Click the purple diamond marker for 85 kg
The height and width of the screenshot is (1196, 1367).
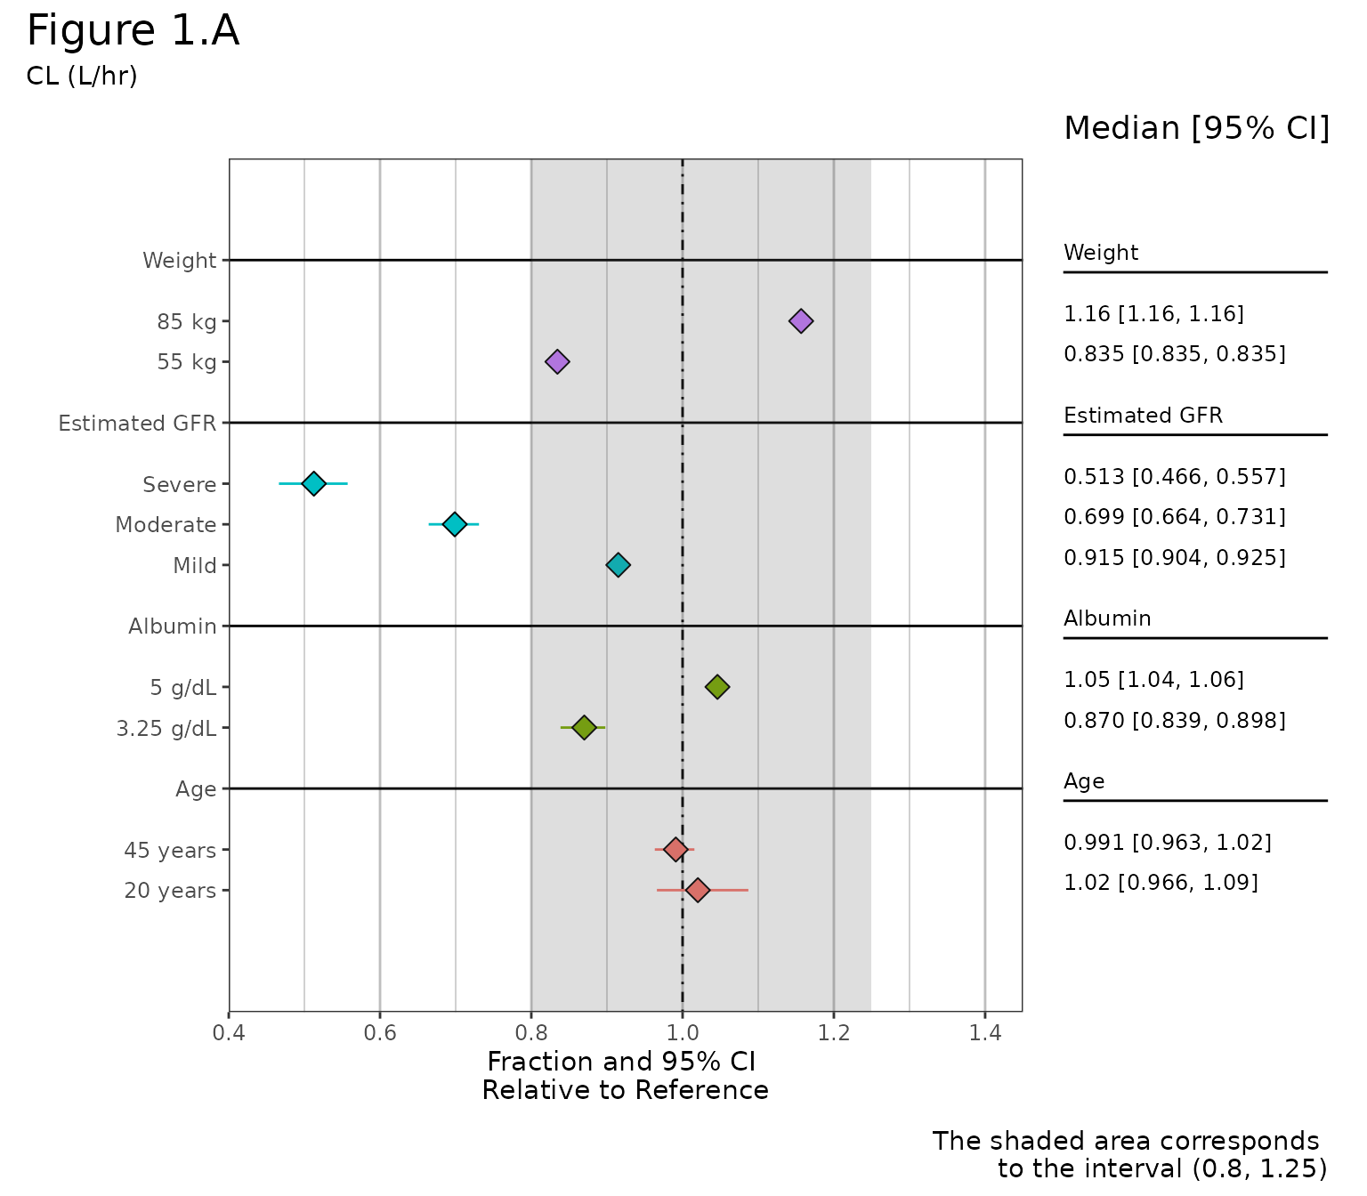click(x=801, y=321)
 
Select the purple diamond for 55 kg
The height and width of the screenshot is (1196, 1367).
click(x=557, y=361)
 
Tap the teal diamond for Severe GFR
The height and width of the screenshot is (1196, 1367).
click(x=313, y=483)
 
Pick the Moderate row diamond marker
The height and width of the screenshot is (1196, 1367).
click(x=455, y=524)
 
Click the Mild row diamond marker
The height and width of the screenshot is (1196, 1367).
click(x=618, y=564)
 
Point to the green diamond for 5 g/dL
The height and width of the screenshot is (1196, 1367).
click(x=717, y=686)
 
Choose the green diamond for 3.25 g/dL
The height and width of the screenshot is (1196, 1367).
click(x=584, y=727)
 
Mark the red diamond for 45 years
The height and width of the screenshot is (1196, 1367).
click(x=675, y=849)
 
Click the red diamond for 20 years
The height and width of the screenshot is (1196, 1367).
click(x=698, y=890)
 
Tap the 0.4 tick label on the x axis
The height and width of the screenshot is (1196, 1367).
click(x=229, y=1033)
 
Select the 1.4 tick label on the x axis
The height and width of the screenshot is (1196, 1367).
click(x=985, y=1033)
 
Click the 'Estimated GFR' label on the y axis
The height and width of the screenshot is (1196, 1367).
click(x=137, y=424)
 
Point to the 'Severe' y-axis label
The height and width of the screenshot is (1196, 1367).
click(x=180, y=485)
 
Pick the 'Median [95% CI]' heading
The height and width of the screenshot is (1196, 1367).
click(x=1196, y=129)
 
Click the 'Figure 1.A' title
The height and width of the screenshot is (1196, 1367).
click(x=133, y=32)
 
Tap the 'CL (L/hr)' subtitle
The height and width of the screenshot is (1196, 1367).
click(x=82, y=77)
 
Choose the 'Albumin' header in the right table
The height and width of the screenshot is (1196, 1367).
click(x=1107, y=618)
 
